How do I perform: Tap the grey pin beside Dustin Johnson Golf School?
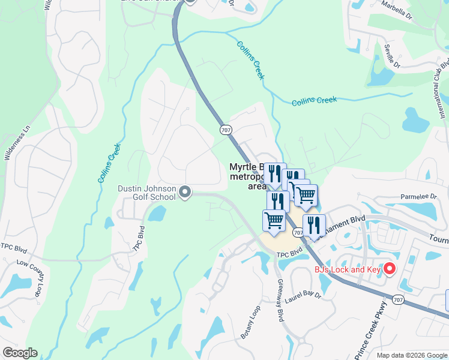tap(185, 192)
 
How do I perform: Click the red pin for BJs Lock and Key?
tap(389, 268)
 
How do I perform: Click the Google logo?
tap(20, 353)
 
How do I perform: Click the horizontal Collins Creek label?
tap(315, 101)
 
